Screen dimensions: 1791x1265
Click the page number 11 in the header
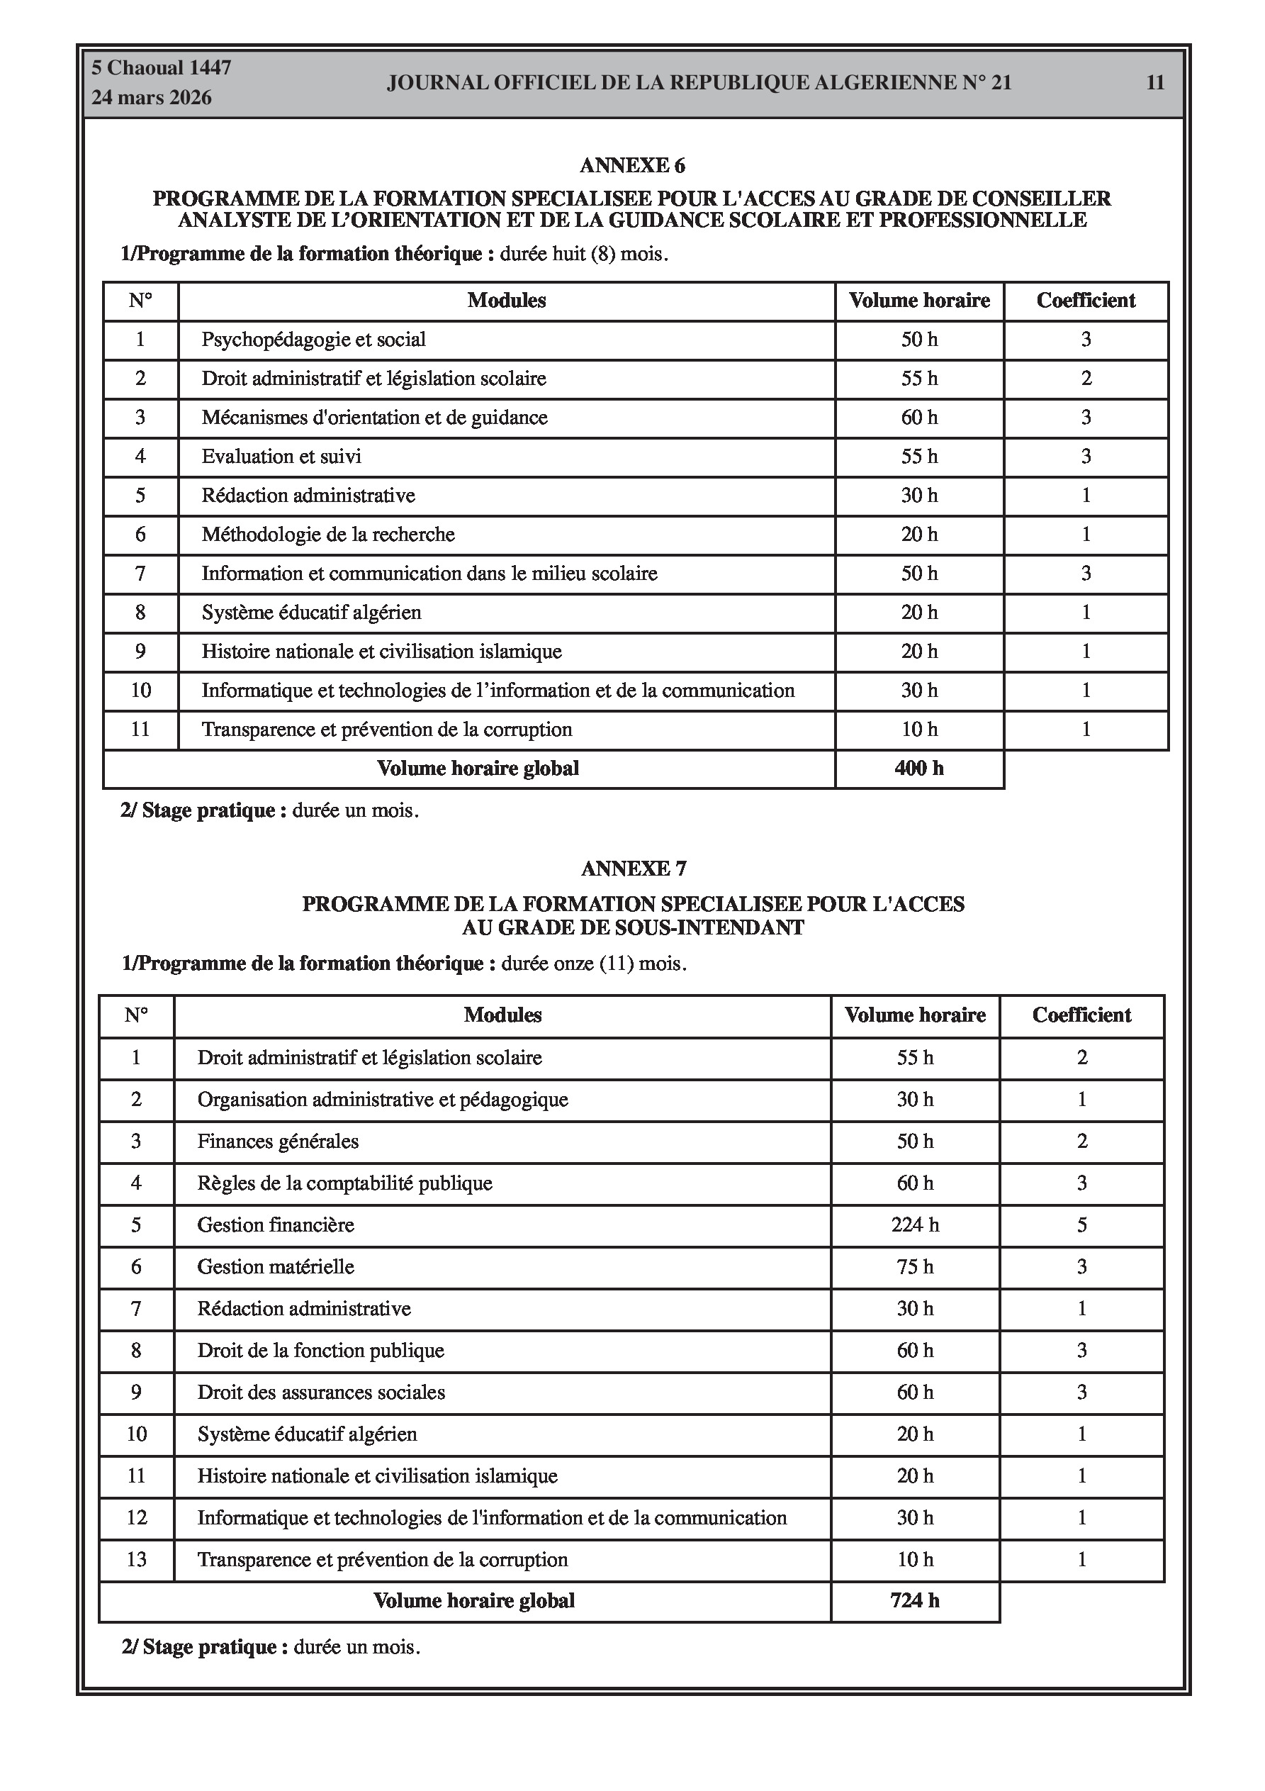click(1154, 83)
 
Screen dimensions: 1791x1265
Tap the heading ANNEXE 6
click(631, 165)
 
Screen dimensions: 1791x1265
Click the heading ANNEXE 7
click(634, 868)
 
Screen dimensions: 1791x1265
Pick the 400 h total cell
click(918, 769)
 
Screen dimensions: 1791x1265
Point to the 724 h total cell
click(914, 1601)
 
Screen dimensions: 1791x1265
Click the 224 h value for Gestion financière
click(915, 1224)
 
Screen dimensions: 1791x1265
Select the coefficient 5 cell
click(1081, 1224)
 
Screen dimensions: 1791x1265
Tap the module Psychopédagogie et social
click(313, 340)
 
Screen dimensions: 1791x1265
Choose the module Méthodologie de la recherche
click(327, 535)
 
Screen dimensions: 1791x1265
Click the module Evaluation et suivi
click(281, 457)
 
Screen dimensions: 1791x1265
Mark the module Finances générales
click(278, 1142)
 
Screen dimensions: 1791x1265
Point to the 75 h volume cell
click(915, 1267)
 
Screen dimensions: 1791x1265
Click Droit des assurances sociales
click(320, 1393)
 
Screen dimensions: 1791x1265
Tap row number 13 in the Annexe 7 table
click(137, 1559)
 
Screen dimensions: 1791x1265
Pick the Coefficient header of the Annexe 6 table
click(1086, 301)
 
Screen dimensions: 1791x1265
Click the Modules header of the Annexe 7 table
click(502, 1015)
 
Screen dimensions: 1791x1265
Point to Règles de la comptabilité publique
click(344, 1183)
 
